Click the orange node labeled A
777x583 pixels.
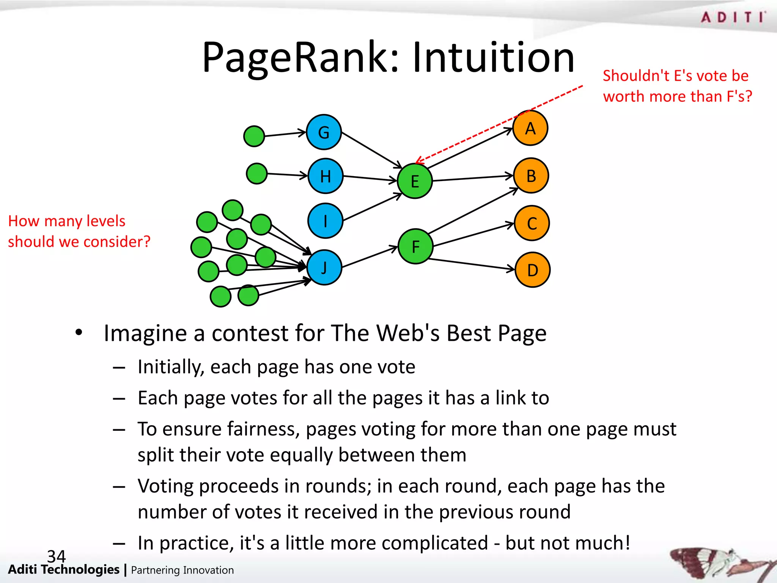[x=530, y=128]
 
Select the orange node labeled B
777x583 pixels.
[x=531, y=176]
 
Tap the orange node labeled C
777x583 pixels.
[x=532, y=223]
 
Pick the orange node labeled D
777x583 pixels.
[x=532, y=270]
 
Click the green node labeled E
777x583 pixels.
[x=415, y=181]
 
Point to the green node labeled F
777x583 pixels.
[x=415, y=247]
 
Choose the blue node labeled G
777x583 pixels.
[x=324, y=132]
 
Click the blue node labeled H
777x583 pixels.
[x=325, y=176]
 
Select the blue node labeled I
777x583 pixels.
[x=325, y=221]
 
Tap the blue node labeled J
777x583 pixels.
[x=324, y=268]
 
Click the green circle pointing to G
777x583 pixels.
[x=254, y=136]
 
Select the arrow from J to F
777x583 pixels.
[x=370, y=257]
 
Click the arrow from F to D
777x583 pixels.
[x=472, y=264]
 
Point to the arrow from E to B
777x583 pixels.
[x=472, y=178]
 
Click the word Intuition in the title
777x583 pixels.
[x=493, y=58]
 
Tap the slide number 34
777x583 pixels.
[x=56, y=556]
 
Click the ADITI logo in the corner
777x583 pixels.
[x=733, y=17]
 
